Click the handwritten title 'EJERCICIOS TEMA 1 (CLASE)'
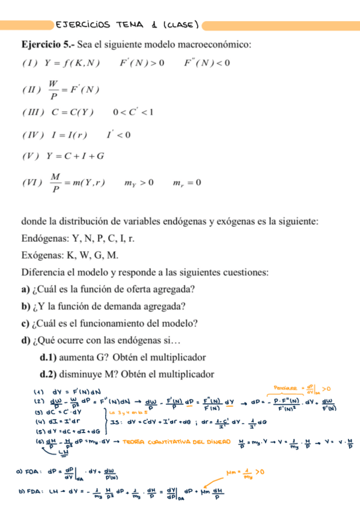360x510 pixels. point(126,25)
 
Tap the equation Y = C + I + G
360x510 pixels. point(79,156)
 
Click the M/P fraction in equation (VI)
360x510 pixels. point(55,182)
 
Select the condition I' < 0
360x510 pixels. point(118,135)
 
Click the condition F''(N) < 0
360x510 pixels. point(207,62)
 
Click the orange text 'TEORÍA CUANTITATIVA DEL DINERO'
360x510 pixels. point(169,443)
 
